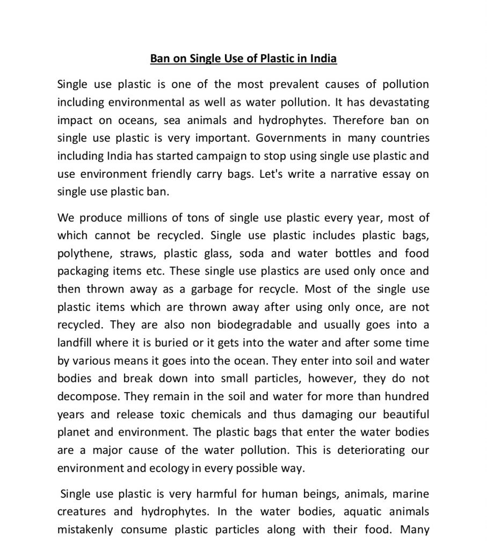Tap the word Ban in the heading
(x=160, y=59)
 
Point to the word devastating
(x=399, y=102)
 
